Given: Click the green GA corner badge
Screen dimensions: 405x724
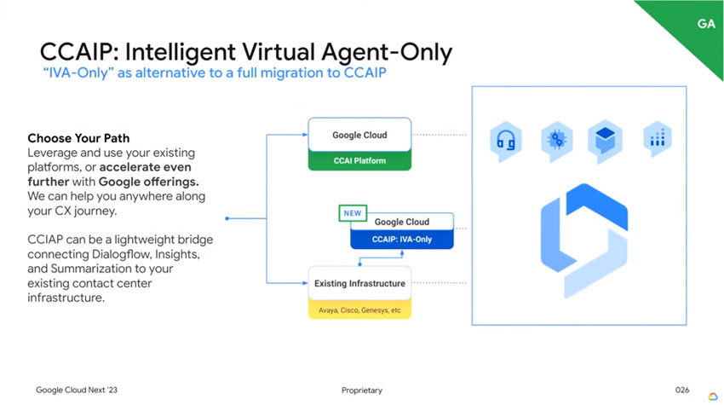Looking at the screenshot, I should pyautogui.click(x=704, y=23).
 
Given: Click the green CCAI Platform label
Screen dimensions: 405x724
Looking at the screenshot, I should pyautogui.click(x=359, y=159).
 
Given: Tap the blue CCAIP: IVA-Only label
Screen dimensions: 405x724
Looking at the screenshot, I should pyautogui.click(x=402, y=240).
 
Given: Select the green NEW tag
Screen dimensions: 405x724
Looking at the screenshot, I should pyautogui.click(x=353, y=212).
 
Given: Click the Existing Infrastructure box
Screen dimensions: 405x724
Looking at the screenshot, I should pyautogui.click(x=359, y=283).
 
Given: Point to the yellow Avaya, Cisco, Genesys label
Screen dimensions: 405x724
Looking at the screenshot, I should pyautogui.click(x=359, y=310).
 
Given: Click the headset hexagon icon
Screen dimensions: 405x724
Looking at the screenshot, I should pyautogui.click(x=505, y=140).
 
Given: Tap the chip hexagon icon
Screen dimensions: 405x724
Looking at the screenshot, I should pyautogui.click(x=557, y=140).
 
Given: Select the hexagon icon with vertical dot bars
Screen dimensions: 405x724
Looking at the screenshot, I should pyautogui.click(x=657, y=140).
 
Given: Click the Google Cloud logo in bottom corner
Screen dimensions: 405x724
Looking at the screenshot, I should pyautogui.click(x=712, y=395).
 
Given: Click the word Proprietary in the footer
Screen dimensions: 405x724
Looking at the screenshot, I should pyautogui.click(x=362, y=390).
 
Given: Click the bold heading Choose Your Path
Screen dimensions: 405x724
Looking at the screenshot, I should pyautogui.click(x=78, y=137).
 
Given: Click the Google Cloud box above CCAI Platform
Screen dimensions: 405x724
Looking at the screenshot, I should pyautogui.click(x=359, y=135).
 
